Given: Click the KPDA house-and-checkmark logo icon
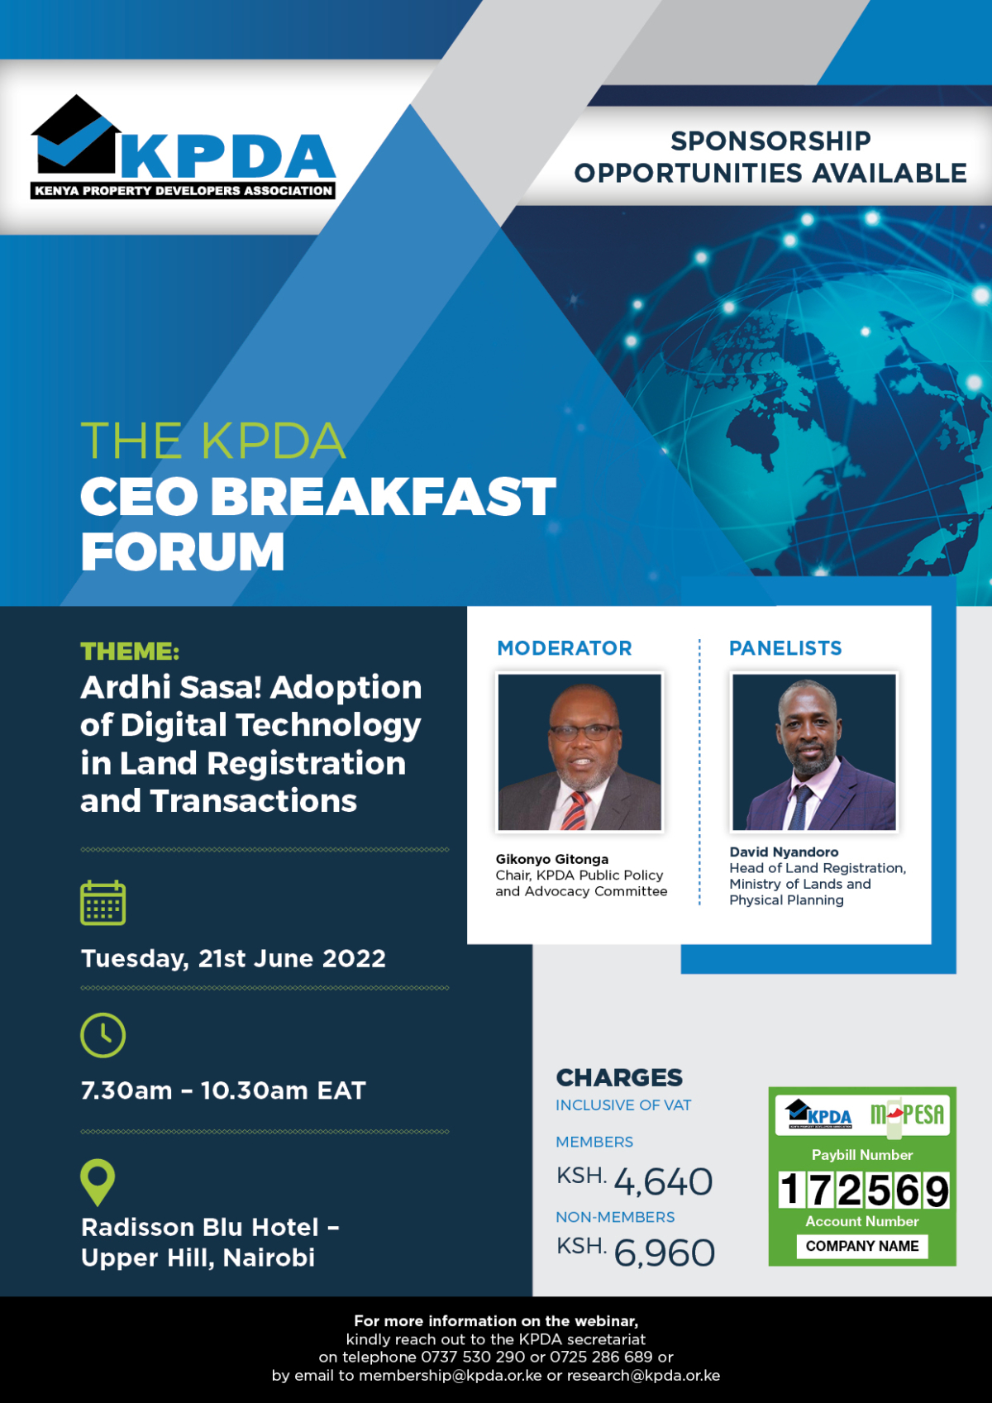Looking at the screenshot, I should click(x=76, y=136).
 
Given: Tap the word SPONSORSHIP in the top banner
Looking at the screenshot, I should click(x=770, y=141).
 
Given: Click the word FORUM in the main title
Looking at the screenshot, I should click(x=183, y=552).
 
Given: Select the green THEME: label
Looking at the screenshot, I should click(x=130, y=651).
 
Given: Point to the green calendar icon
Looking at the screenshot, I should click(x=103, y=903).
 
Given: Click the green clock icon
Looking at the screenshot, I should click(x=103, y=1034).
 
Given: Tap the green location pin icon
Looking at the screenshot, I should click(x=98, y=1181).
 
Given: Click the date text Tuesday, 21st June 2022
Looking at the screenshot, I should click(x=233, y=959).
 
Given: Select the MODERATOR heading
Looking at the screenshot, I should click(x=565, y=648).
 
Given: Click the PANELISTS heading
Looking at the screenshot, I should click(x=785, y=648).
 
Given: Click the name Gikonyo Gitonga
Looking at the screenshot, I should click(x=552, y=859).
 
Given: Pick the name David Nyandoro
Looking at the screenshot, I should click(x=784, y=852).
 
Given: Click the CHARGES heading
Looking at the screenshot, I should click(x=619, y=1078).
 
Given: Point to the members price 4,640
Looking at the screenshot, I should click(x=663, y=1182).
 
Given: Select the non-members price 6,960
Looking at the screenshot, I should click(x=665, y=1253).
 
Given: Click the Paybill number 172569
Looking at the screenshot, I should click(x=863, y=1191).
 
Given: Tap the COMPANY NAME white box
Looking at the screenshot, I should click(x=862, y=1246).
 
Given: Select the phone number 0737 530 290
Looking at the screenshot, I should click(x=473, y=1358).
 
